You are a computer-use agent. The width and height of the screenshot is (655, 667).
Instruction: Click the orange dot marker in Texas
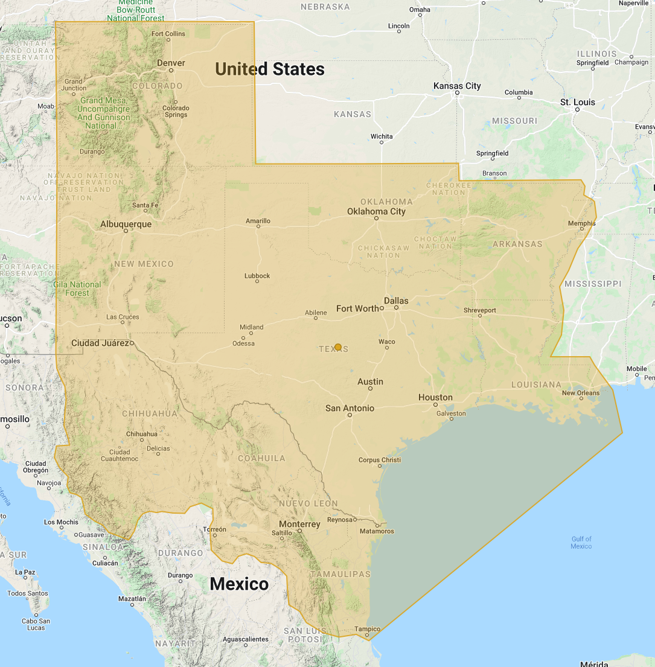[x=338, y=347]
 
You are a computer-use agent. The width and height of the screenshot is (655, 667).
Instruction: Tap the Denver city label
[x=171, y=63]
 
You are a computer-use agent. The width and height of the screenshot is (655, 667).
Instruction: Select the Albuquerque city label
[x=126, y=224]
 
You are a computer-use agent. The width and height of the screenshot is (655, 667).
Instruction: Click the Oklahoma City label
[x=376, y=211]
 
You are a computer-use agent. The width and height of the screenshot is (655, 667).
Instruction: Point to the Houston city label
[x=435, y=397]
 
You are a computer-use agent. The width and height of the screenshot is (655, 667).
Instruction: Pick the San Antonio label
[x=350, y=408]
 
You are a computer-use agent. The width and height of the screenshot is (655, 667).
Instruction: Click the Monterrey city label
[x=299, y=524]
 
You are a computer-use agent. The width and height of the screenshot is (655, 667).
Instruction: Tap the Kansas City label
[x=457, y=86]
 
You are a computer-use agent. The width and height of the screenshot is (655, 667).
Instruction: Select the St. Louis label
[x=578, y=102]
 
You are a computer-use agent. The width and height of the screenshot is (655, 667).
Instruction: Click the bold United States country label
[x=270, y=69]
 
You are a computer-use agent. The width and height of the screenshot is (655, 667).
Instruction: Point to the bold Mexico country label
[x=238, y=584]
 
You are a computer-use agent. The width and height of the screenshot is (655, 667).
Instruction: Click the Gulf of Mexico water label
[x=581, y=542]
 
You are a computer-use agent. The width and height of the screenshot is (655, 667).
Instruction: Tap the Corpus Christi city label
[x=379, y=459]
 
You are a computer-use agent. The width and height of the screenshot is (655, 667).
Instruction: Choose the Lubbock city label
[x=257, y=276]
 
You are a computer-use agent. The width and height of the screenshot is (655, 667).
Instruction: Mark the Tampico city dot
[x=367, y=635]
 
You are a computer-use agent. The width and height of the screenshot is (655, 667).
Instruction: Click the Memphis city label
[x=581, y=223]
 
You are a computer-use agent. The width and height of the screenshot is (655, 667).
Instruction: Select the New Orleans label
[x=581, y=393]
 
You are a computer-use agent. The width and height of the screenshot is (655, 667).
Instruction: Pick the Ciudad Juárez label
[x=100, y=343]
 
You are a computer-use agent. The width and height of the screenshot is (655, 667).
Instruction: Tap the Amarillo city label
[x=258, y=221]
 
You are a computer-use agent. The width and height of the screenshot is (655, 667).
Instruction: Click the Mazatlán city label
[x=132, y=599]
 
